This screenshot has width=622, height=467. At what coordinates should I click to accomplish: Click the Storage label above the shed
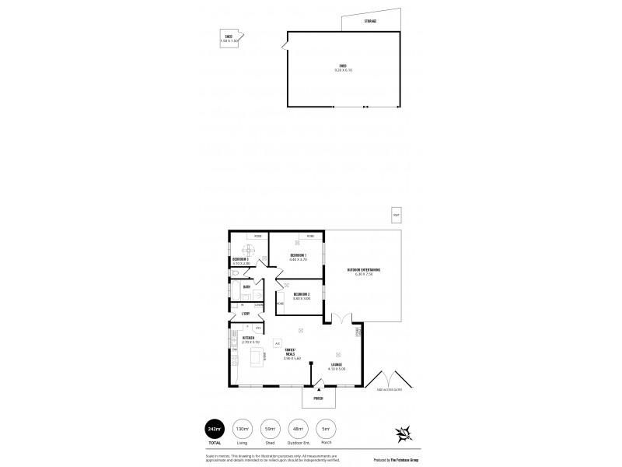pyautogui.click(x=370, y=21)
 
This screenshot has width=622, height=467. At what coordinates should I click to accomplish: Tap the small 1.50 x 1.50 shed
pyautogui.click(x=229, y=38)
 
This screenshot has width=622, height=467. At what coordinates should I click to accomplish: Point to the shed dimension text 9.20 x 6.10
pyautogui.click(x=342, y=69)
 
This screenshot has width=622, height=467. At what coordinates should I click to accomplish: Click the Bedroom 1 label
pyautogui.click(x=299, y=255)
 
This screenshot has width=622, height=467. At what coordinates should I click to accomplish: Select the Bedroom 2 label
pyautogui.click(x=302, y=293)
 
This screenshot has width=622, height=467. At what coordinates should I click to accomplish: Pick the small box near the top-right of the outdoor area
pyautogui.click(x=397, y=215)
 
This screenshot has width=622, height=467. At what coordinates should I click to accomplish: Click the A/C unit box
pyautogui.click(x=278, y=342)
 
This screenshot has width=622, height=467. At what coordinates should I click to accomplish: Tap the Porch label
pyautogui.click(x=318, y=399)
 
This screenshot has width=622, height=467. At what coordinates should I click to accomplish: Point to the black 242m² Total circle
pyautogui.click(x=213, y=428)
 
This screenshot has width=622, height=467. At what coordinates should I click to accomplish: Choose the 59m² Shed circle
pyautogui.click(x=269, y=428)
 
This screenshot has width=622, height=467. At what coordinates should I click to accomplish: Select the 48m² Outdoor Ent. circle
pyautogui.click(x=298, y=428)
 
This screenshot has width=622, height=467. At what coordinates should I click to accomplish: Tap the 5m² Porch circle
pyautogui.click(x=326, y=428)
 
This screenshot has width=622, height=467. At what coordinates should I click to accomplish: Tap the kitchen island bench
pyautogui.click(x=255, y=357)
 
